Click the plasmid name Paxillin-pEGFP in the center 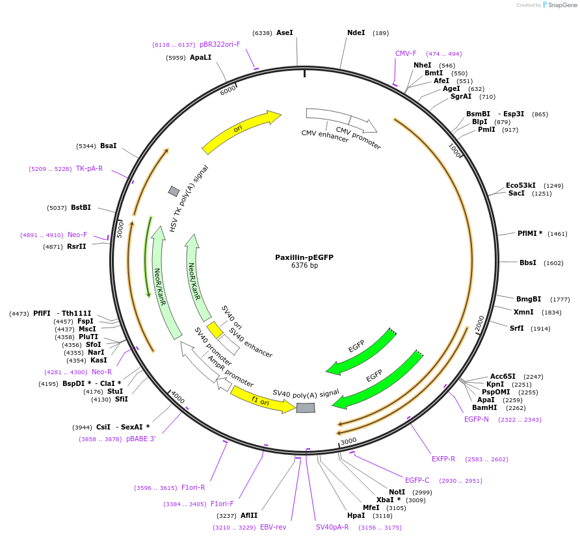(304, 257)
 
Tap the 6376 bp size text (304, 266)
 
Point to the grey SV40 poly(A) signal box (306, 407)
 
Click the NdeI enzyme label (356, 32)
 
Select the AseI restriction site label (285, 32)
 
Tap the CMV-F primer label (406, 53)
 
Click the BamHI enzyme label (484, 407)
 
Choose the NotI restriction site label (397, 492)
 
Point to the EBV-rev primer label (273, 527)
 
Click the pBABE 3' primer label (141, 439)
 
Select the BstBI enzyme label (81, 208)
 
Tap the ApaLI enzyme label (201, 58)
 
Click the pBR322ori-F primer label (220, 44)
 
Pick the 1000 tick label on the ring (455, 150)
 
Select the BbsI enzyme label (528, 263)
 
